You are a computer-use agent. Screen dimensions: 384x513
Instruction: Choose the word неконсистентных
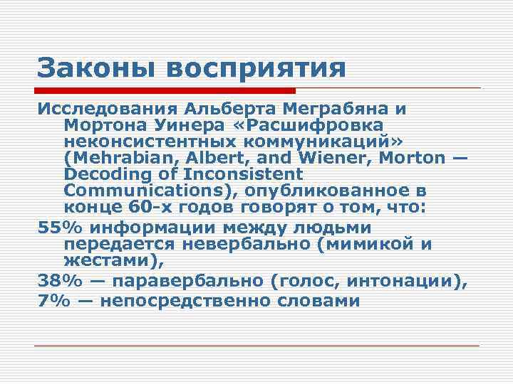pos(152,141)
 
